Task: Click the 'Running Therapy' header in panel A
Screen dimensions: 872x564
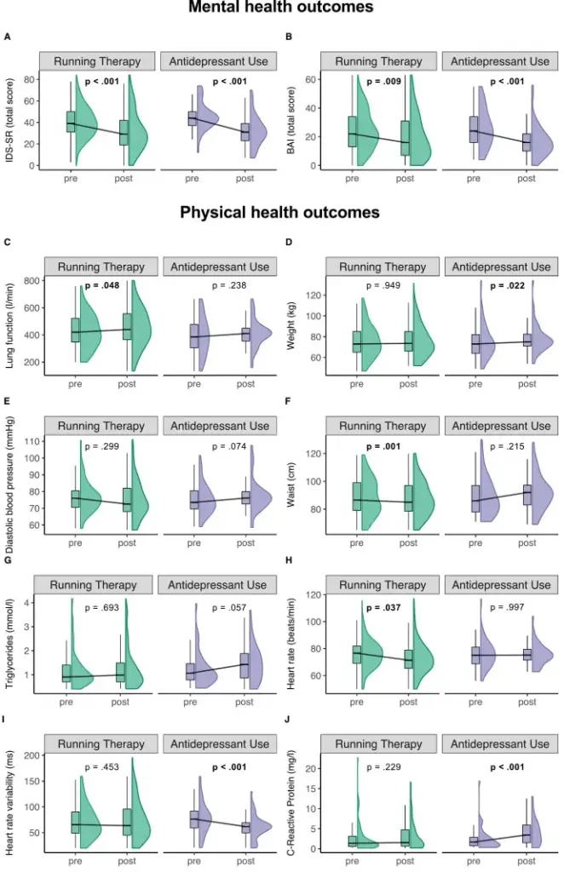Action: (x=97, y=61)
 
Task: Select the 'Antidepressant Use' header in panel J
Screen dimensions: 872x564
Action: (x=501, y=743)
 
